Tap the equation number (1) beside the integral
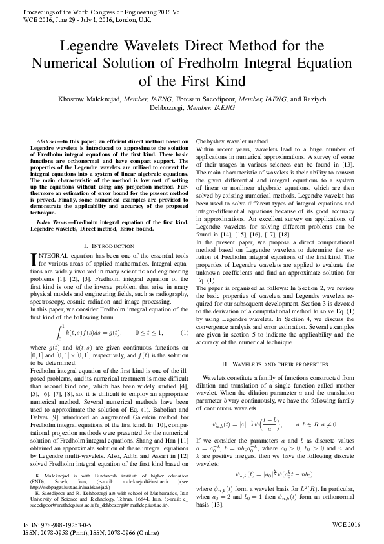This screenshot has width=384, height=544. pyautogui.click(x=184, y=333)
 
